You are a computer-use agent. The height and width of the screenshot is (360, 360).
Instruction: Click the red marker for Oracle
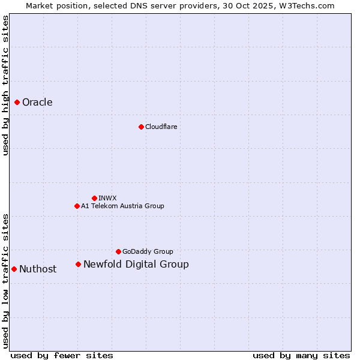tap(17, 103)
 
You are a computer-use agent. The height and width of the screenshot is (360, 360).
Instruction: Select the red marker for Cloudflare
tap(141, 127)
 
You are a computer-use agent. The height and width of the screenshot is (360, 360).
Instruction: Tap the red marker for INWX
tap(94, 198)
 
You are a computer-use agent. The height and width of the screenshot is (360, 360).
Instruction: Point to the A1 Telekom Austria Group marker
tap(77, 206)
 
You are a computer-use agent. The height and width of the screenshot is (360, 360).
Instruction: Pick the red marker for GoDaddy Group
tap(118, 251)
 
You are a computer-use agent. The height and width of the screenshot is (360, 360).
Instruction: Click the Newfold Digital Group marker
tap(78, 264)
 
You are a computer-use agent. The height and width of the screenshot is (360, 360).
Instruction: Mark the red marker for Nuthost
tap(14, 269)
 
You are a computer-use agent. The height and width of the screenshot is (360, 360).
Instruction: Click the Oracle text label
tap(37, 103)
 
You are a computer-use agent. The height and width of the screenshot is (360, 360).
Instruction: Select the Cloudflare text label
tap(161, 127)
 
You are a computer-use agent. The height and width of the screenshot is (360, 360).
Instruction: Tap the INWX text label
tap(107, 198)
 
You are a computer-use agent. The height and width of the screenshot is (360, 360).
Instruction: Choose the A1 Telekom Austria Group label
tap(122, 206)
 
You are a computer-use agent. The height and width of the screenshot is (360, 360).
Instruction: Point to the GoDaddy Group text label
tap(148, 251)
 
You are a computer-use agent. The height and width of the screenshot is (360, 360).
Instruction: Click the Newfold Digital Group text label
tap(136, 264)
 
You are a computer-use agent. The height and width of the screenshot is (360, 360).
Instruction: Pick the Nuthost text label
tap(38, 269)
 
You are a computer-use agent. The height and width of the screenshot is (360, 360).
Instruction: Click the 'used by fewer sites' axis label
tap(62, 355)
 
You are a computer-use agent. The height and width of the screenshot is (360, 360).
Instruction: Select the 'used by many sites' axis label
tap(301, 355)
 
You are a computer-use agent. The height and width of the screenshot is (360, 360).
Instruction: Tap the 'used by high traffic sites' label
tap(5, 85)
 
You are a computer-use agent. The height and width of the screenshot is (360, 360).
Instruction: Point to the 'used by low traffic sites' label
tap(5, 280)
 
